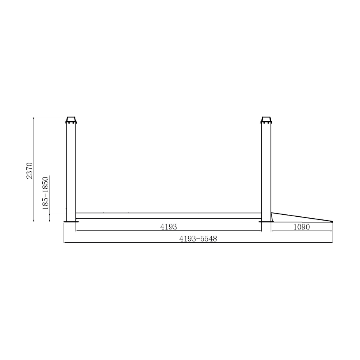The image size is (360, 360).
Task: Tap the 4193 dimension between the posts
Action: click(x=169, y=227)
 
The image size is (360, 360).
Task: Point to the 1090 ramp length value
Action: click(x=302, y=227)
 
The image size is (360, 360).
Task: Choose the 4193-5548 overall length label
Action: click(x=198, y=239)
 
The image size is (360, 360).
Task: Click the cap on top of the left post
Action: click(x=71, y=119)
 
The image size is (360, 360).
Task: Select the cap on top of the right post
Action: click(x=266, y=119)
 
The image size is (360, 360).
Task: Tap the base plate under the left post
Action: click(x=71, y=222)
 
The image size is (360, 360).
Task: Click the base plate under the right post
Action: click(x=266, y=222)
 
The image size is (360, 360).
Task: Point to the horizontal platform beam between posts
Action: click(x=168, y=216)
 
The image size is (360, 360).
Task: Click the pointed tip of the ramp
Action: click(x=332, y=222)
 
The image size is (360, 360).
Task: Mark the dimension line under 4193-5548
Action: click(x=198, y=243)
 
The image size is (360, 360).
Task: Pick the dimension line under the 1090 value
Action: click(x=302, y=231)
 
